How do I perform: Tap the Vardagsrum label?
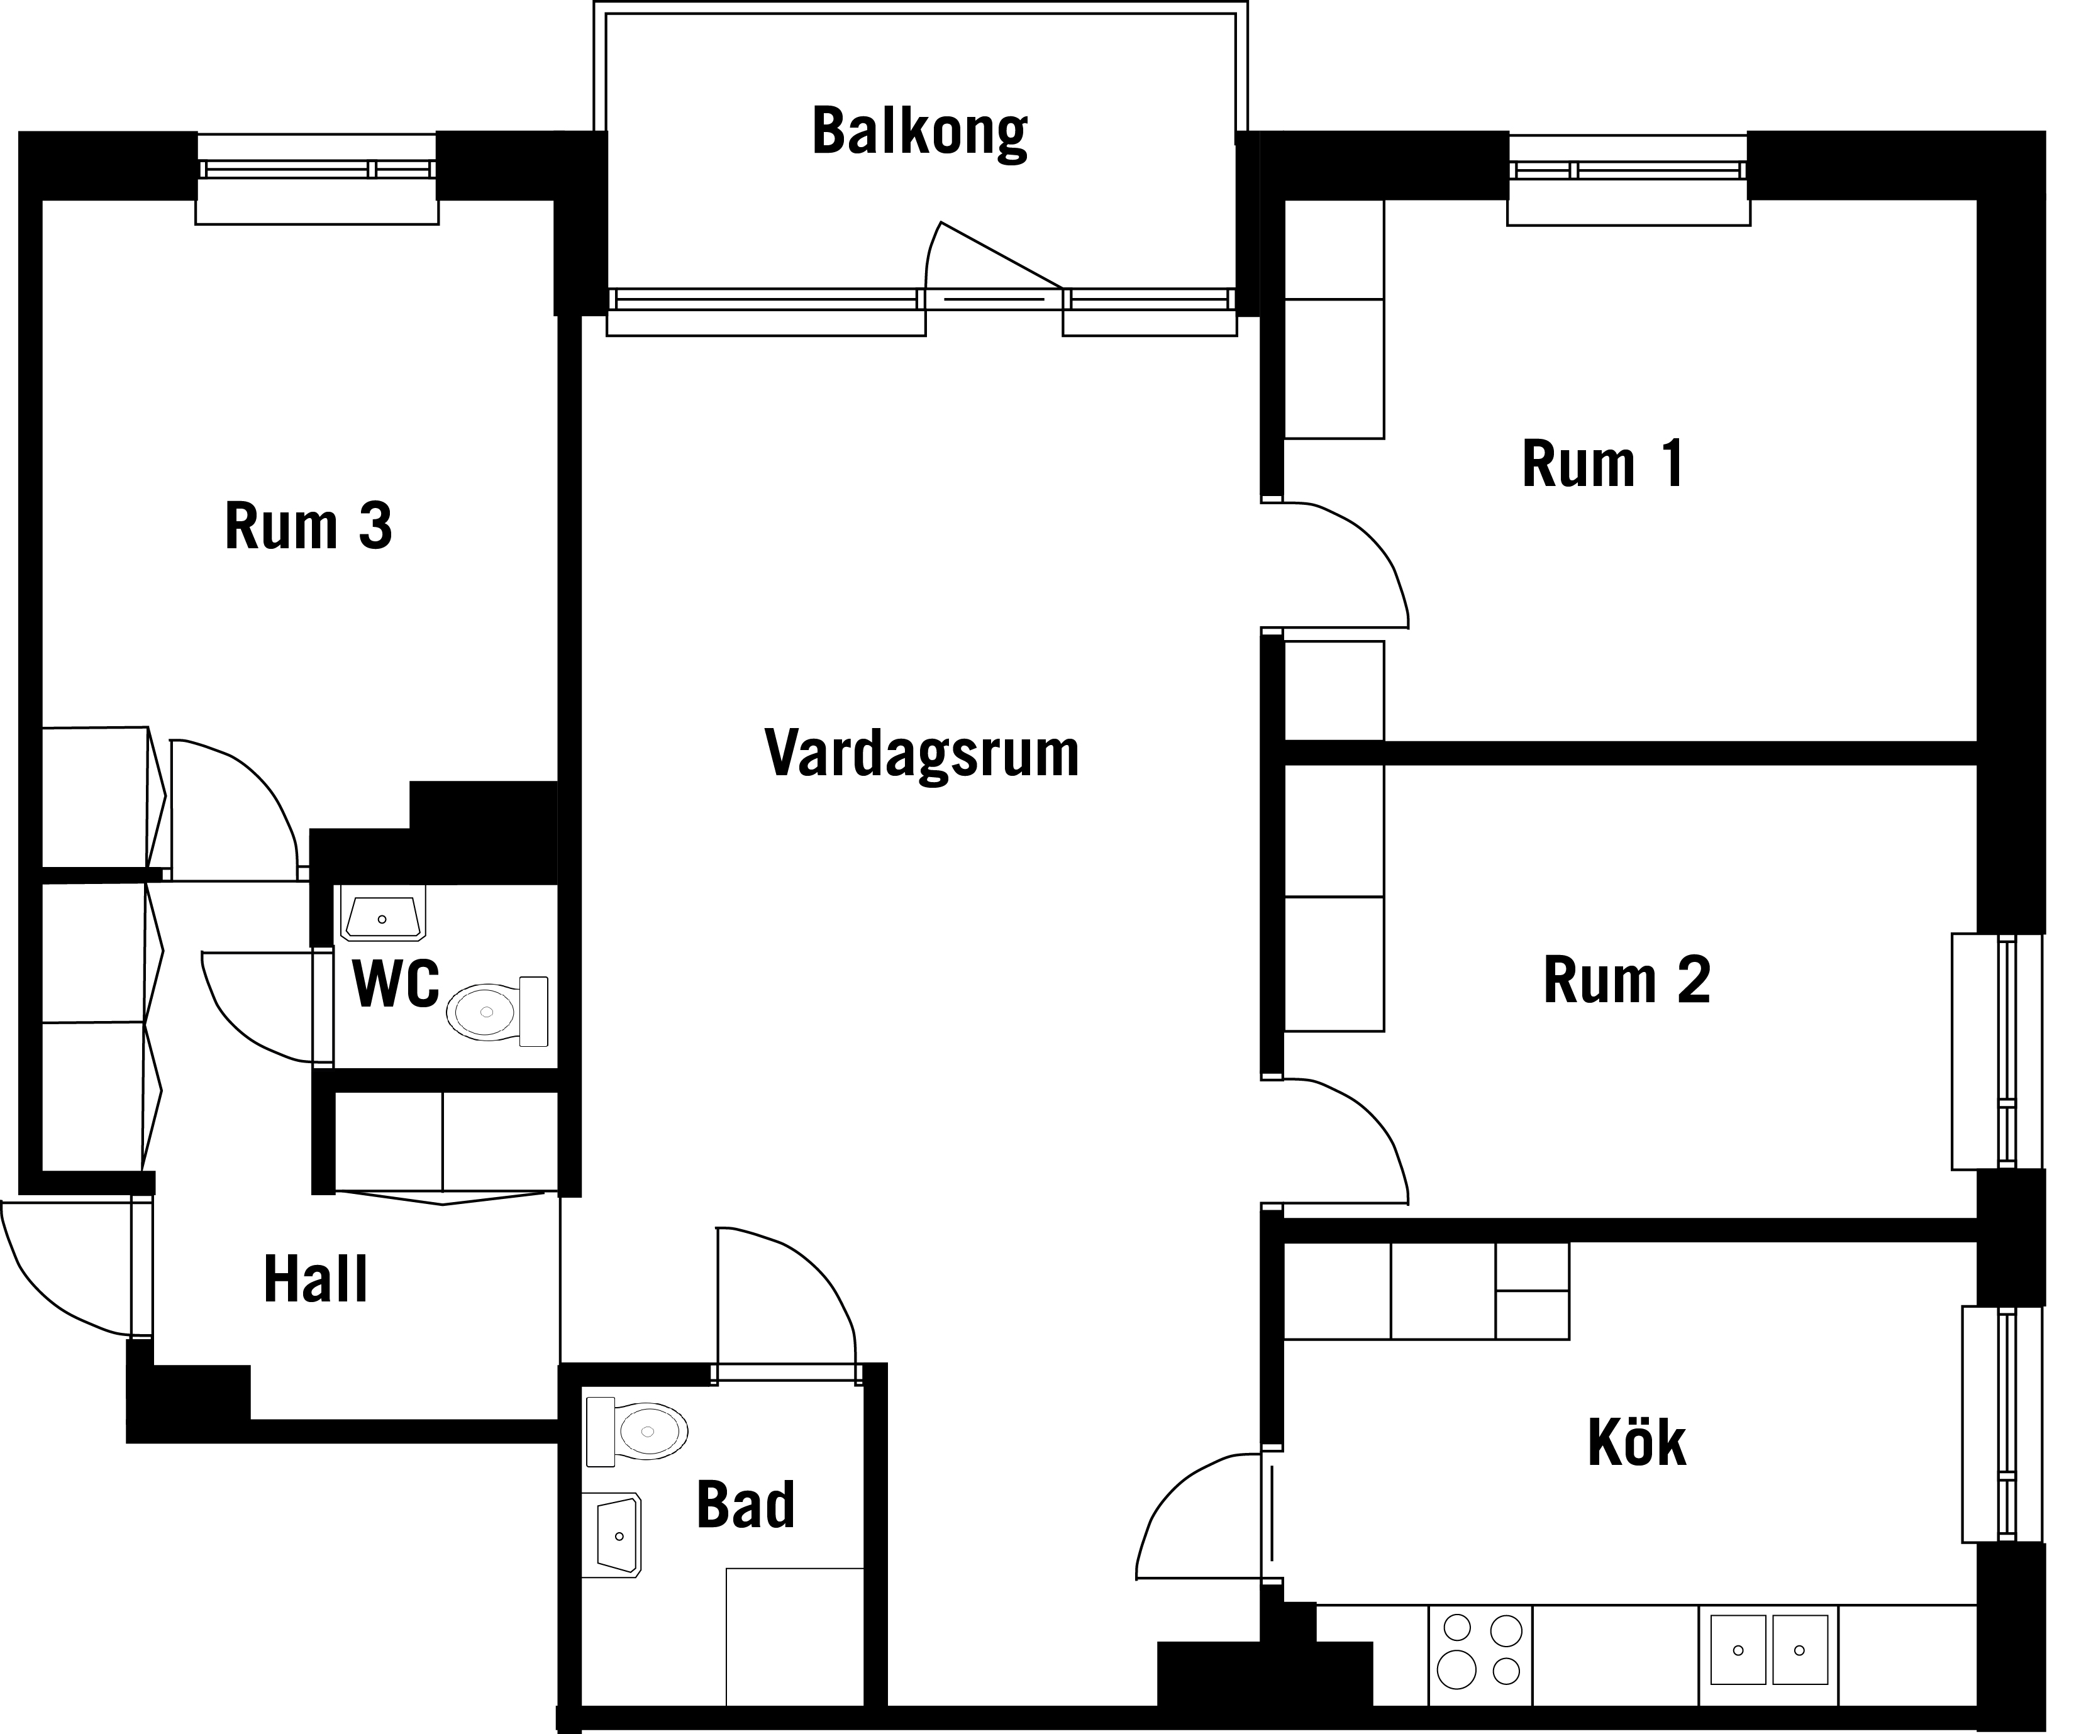921,754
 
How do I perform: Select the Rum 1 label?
1602,464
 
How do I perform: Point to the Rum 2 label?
1626,980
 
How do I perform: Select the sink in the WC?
382,914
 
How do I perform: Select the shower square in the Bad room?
794,1637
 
